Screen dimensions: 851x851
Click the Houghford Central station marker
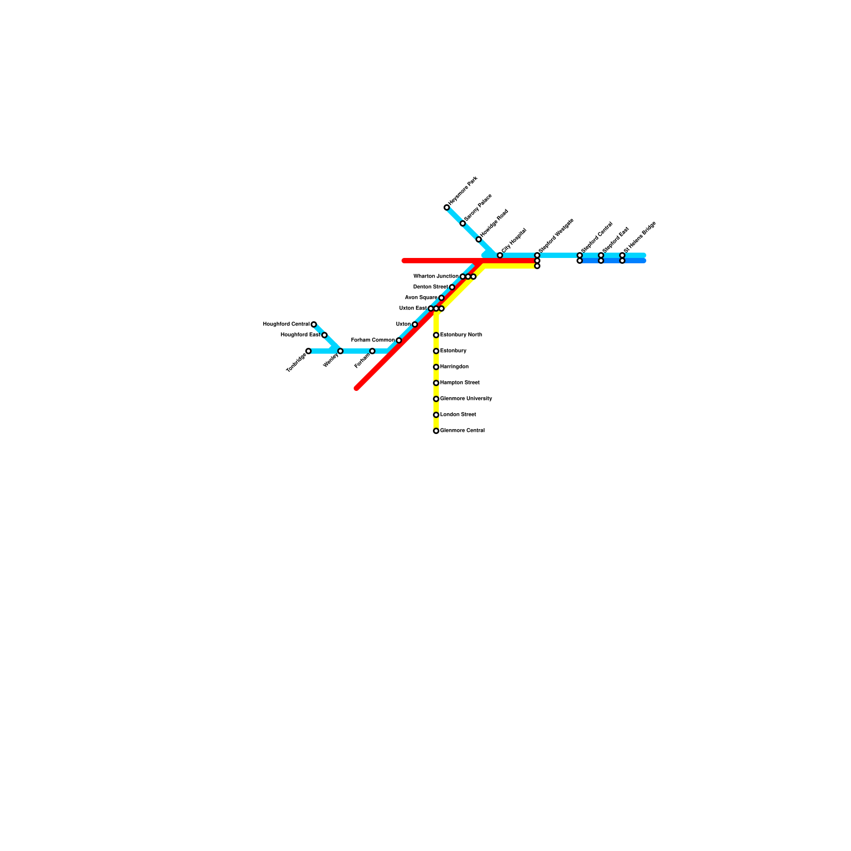pyautogui.click(x=314, y=324)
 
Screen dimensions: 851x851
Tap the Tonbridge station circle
pyautogui.click(x=308, y=351)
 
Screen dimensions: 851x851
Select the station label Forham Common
pyautogui.click(x=373, y=340)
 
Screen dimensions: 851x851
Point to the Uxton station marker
pyautogui.click(x=415, y=324)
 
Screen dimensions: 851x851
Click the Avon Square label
pyautogui.click(x=421, y=298)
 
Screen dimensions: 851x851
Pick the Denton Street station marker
pyautogui.click(x=452, y=287)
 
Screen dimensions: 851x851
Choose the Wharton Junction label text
pyautogui.click(x=436, y=277)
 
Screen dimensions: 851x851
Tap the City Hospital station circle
pyautogui.click(x=500, y=255)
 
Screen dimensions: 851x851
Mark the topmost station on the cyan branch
pyautogui.click(x=447, y=207)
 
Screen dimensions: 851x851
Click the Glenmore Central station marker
pyautogui.click(x=436, y=431)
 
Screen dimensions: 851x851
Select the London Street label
pyautogui.click(x=458, y=415)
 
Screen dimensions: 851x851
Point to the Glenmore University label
pyautogui.click(x=466, y=399)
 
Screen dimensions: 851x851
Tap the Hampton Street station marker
pyautogui.click(x=436, y=383)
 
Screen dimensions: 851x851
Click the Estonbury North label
pyautogui.click(x=461, y=335)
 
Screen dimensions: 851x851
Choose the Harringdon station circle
pyautogui.click(x=436, y=367)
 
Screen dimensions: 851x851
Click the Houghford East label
pyautogui.click(x=301, y=335)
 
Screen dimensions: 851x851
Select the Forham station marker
pyautogui.click(x=372, y=351)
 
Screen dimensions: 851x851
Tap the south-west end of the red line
pyautogui.click(x=357, y=388)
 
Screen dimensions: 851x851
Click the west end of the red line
pyautogui.click(x=405, y=261)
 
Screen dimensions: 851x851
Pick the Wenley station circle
pyautogui.click(x=340, y=351)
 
